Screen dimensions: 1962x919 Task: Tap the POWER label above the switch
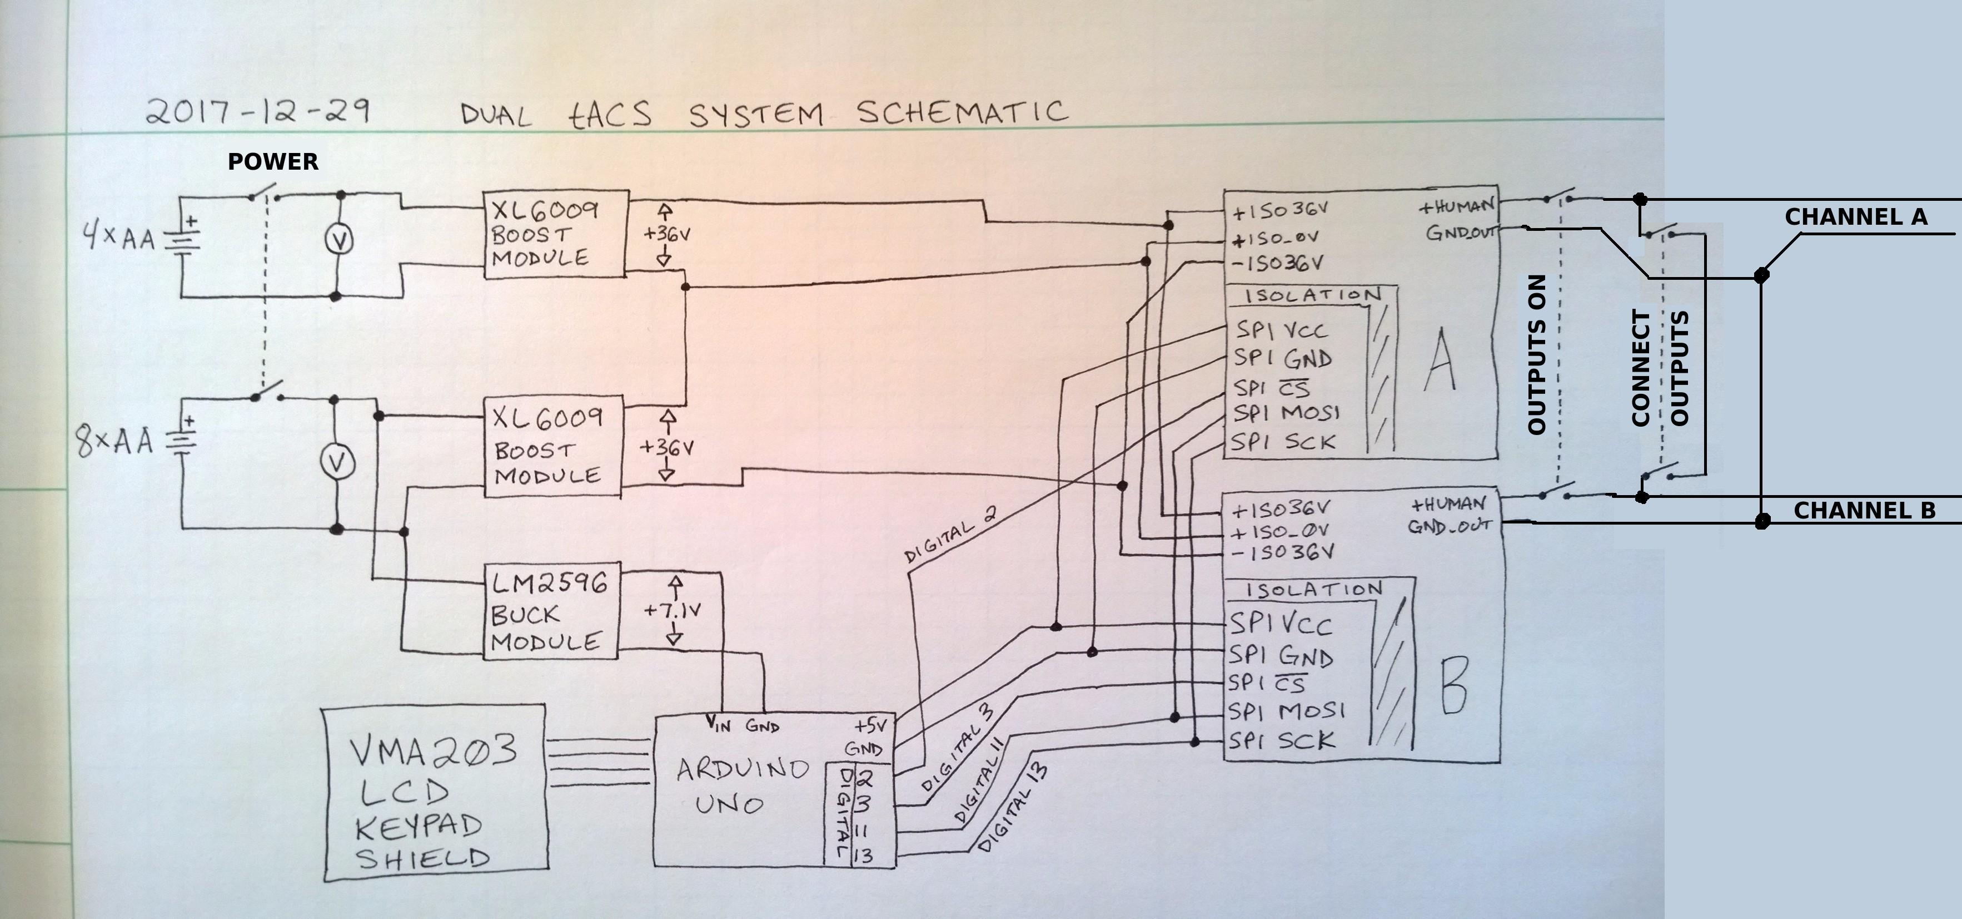tap(273, 161)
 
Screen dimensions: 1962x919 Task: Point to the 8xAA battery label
tap(114, 441)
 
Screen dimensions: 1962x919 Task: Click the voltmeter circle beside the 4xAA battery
tap(339, 240)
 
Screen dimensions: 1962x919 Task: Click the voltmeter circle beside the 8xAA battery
tap(336, 462)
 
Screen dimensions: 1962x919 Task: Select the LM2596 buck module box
tap(551, 611)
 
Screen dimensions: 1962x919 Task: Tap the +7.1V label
tap(673, 610)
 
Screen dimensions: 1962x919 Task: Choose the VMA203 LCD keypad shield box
tap(435, 793)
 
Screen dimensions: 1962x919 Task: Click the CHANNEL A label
tap(1856, 217)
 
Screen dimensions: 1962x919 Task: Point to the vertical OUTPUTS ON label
tap(1538, 355)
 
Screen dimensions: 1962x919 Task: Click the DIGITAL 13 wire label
tap(1012, 808)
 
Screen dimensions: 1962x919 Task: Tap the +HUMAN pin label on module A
tap(1456, 206)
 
